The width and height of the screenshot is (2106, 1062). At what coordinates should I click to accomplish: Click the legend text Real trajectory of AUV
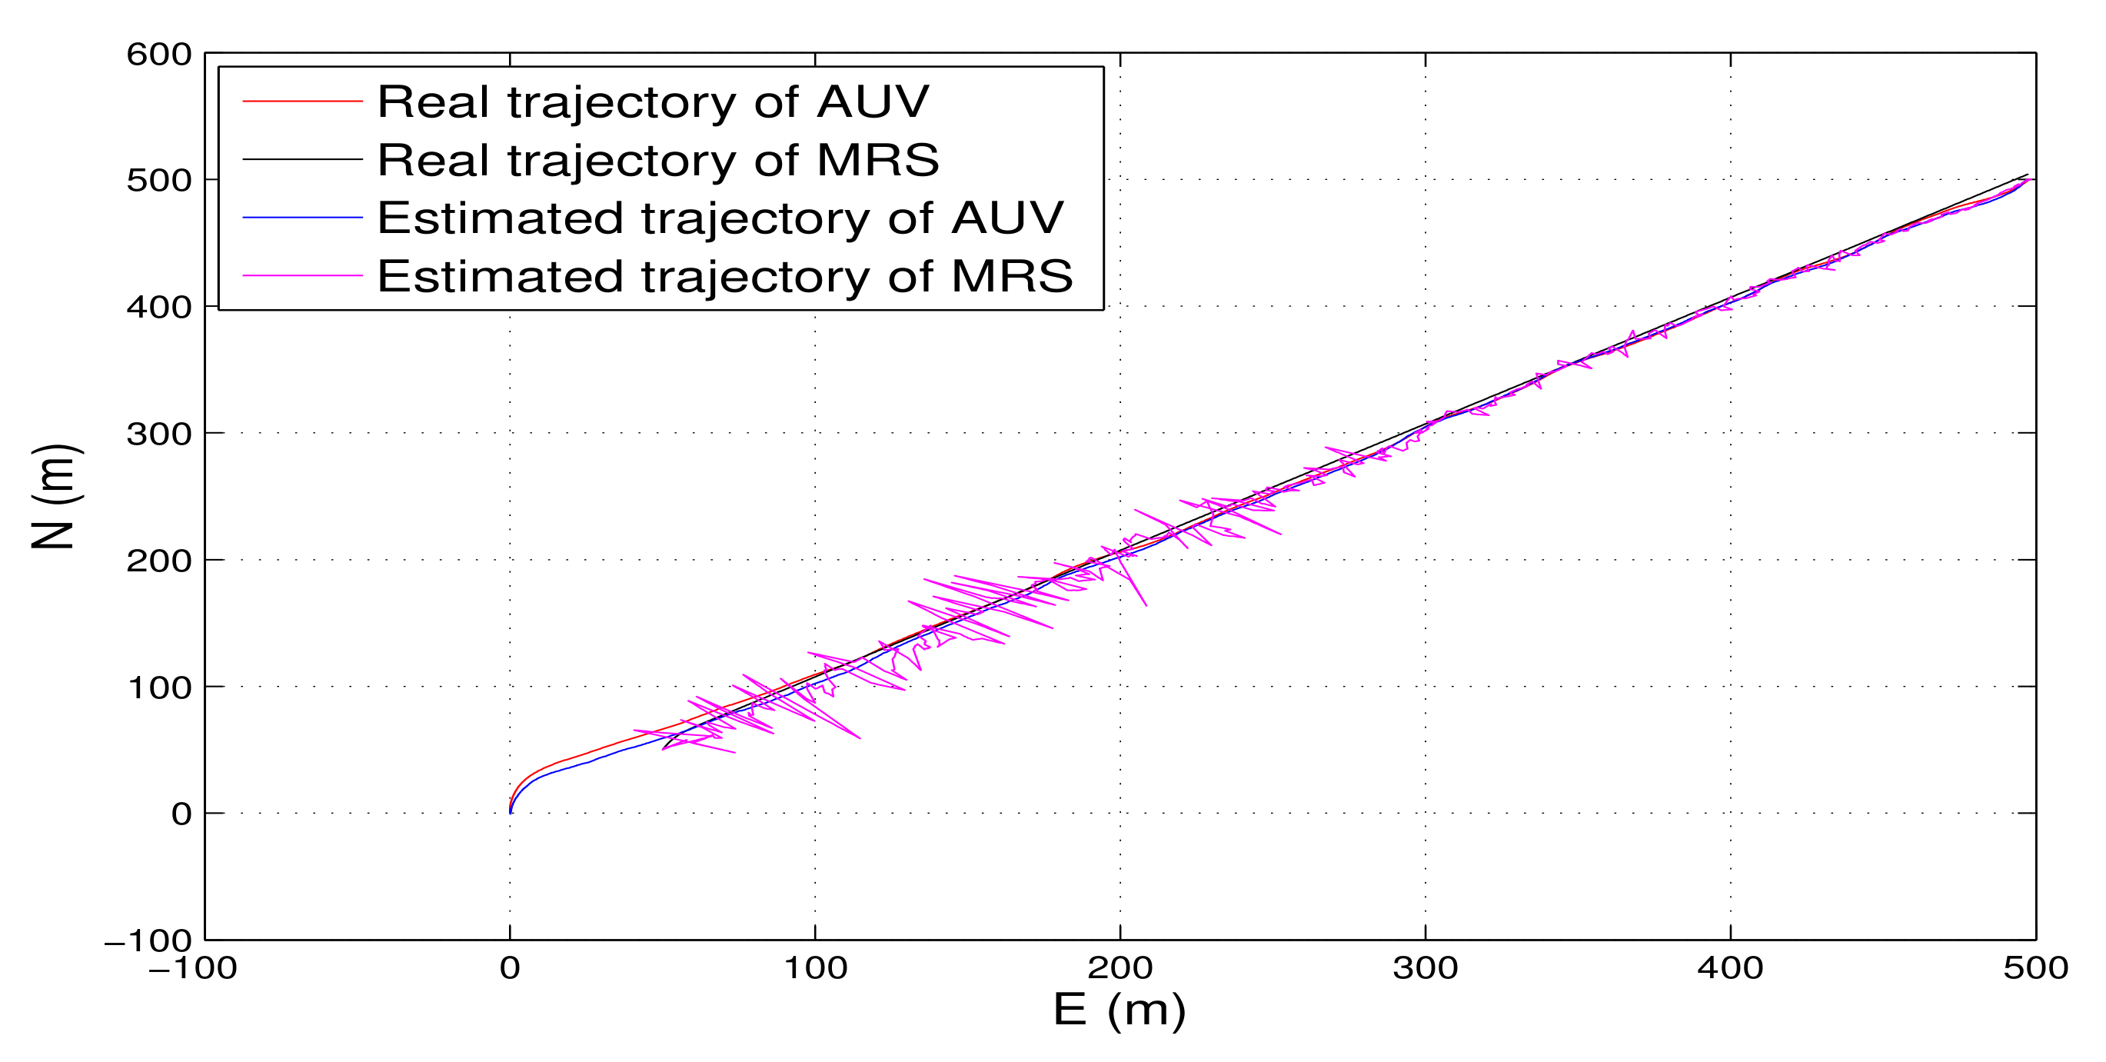click(652, 102)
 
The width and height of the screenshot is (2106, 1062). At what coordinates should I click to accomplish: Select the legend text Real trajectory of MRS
click(657, 160)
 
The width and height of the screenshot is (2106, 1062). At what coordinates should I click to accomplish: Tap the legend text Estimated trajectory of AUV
click(720, 218)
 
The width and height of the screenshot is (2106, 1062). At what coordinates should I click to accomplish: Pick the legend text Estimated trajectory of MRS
click(724, 276)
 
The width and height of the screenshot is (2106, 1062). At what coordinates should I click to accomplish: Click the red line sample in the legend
click(301, 102)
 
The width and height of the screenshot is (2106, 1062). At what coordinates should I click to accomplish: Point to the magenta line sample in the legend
click(301, 275)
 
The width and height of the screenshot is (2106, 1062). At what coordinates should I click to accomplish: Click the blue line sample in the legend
click(301, 218)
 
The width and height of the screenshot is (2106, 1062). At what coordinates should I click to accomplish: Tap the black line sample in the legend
click(301, 159)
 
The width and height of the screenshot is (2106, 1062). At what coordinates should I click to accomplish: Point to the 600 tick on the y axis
click(158, 55)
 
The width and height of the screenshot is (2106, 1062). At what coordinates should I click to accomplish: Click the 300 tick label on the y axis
click(158, 434)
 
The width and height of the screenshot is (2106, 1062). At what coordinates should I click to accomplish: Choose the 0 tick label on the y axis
click(181, 814)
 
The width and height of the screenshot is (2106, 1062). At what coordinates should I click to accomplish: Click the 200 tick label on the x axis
click(1120, 969)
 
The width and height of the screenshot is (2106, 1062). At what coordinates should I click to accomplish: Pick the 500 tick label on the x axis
click(2034, 969)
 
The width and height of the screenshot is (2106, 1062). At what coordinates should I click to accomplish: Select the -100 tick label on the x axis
click(193, 969)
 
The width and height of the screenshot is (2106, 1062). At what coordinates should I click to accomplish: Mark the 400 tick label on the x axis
click(1730, 969)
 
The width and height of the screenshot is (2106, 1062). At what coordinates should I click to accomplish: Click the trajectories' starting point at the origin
click(510, 812)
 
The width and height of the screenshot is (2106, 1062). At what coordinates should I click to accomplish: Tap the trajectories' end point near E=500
click(2030, 179)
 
